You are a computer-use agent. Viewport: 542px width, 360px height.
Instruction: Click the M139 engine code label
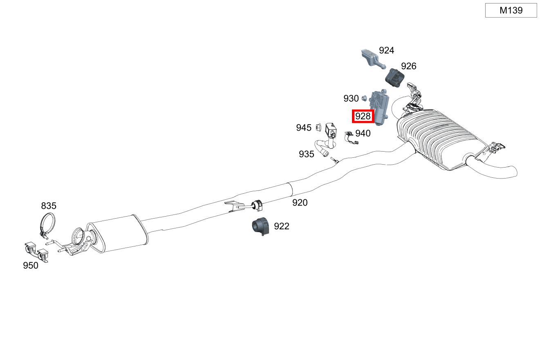pos(511,10)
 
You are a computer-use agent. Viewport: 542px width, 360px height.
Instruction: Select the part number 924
pos(386,50)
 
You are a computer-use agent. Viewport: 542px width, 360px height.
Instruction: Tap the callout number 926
pos(409,66)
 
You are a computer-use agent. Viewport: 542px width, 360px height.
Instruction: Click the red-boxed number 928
pos(363,116)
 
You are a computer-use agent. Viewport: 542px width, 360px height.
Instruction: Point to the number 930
pos(351,98)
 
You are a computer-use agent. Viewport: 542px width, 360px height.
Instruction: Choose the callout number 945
pos(304,128)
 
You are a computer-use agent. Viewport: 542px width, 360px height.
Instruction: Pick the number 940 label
pos(363,133)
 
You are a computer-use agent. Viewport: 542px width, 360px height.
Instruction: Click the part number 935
pos(307,154)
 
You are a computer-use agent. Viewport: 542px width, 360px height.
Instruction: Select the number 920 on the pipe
pos(300,203)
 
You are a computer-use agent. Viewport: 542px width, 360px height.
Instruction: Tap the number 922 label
pos(282,226)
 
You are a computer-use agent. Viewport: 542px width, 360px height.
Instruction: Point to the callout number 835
pos(49,206)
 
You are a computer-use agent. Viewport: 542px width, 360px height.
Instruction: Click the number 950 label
pos(31,266)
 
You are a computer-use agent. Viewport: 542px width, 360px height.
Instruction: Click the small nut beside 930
pos(364,98)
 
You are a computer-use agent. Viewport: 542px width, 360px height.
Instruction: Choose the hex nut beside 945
pos(319,127)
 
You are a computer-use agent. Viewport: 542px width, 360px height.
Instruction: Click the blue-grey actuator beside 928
pos(379,107)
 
